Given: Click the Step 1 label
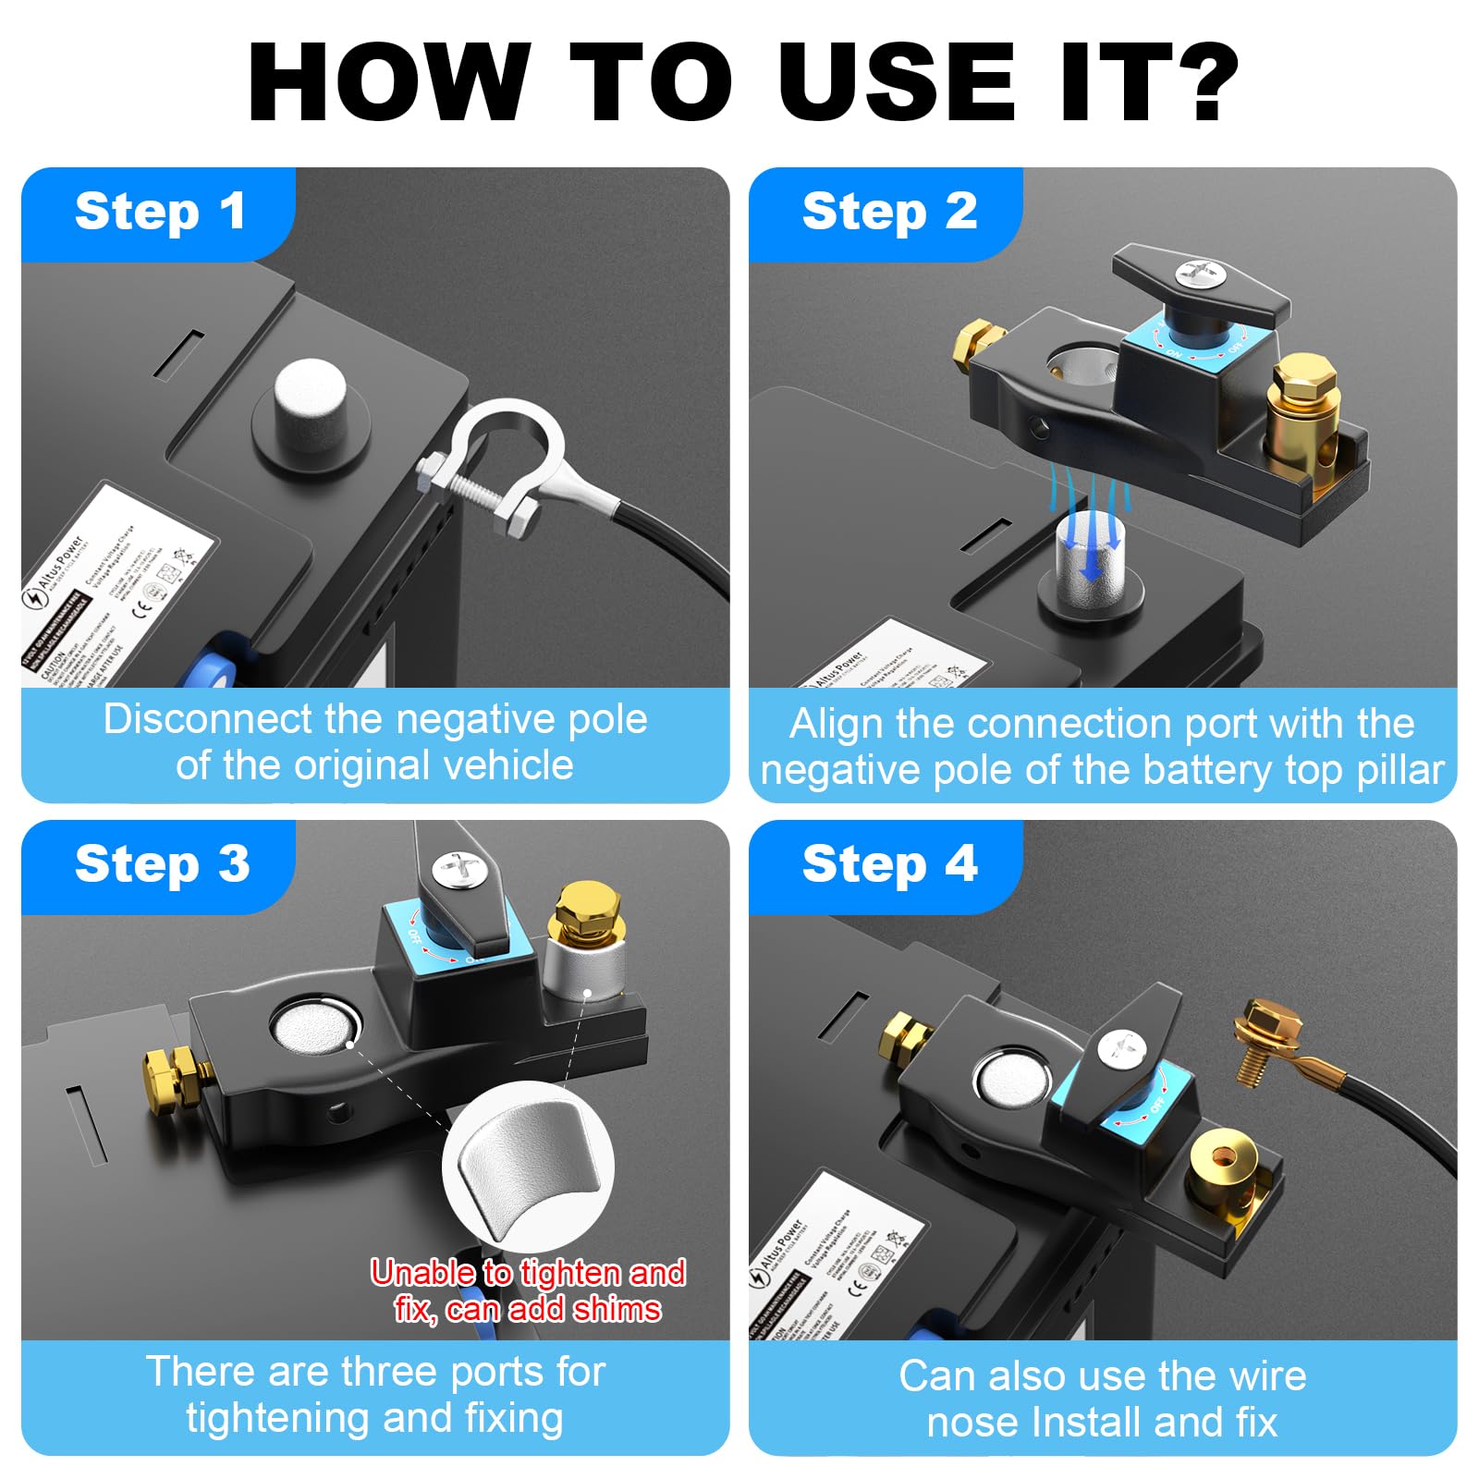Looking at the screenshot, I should point(159,212).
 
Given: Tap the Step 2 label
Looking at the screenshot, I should point(888,212).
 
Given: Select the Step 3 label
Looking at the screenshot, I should point(161,864).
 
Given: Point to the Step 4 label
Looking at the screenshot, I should point(888,864).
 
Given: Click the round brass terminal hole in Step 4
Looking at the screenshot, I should point(1223,1159).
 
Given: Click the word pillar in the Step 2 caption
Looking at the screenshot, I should point(1400,769).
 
